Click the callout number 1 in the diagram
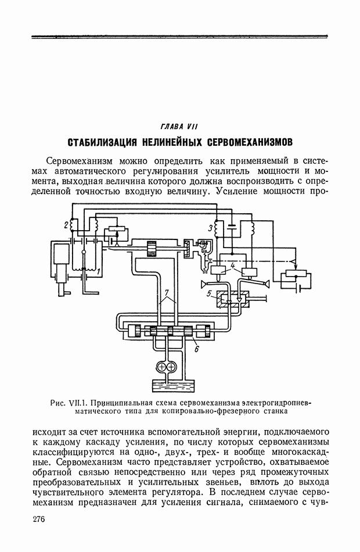point(99,271)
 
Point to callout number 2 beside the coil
point(66,224)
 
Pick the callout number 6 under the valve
point(196,349)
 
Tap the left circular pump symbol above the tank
point(162,368)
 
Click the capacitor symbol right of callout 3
point(231,225)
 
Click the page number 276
point(38,519)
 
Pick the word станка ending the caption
point(275,411)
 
